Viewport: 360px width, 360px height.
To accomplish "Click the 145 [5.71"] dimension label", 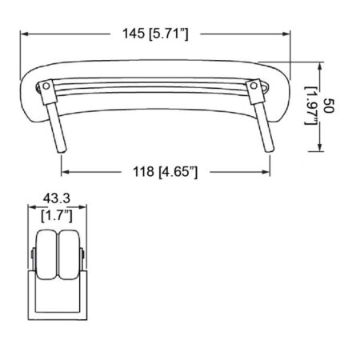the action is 155,34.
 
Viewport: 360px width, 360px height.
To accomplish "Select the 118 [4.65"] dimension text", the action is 166,172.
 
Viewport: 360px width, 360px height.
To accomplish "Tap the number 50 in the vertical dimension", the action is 329,106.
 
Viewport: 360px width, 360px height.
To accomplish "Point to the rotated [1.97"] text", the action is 311,106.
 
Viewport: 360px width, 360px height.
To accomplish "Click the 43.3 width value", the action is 57,198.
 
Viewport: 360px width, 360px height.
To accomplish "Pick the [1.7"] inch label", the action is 57,216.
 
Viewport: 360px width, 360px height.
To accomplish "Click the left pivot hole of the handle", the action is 46,86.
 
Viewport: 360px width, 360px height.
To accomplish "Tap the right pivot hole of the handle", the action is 254,86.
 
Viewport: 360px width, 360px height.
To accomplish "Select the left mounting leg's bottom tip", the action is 62,151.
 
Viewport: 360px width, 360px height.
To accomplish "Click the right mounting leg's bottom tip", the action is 270,150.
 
